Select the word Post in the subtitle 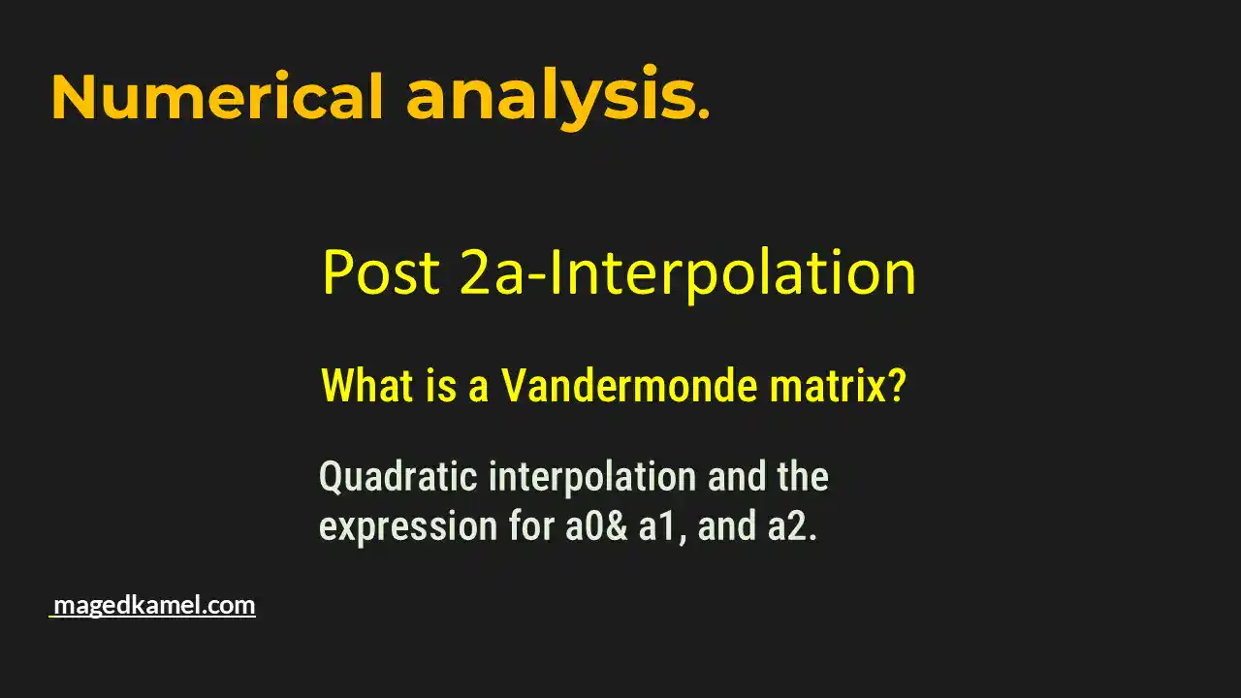tap(381, 273)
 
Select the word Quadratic tap(398, 478)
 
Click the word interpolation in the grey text tap(592, 478)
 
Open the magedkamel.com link tap(154, 606)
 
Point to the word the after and tap(802, 478)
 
